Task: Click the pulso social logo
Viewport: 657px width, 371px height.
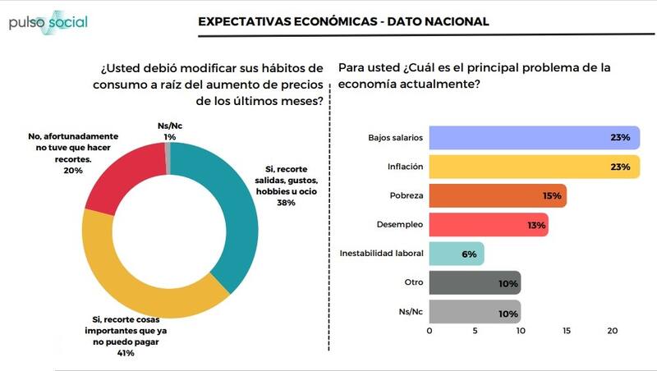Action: coord(48,22)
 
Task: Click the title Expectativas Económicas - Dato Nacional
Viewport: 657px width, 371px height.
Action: coord(343,21)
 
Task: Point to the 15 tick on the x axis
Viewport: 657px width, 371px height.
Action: coord(566,331)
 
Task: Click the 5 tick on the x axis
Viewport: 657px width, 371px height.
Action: coord(475,331)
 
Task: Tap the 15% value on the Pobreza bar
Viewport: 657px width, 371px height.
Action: coord(552,196)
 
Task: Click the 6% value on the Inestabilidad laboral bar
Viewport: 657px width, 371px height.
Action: coord(470,254)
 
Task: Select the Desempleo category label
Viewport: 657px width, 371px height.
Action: coord(402,225)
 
